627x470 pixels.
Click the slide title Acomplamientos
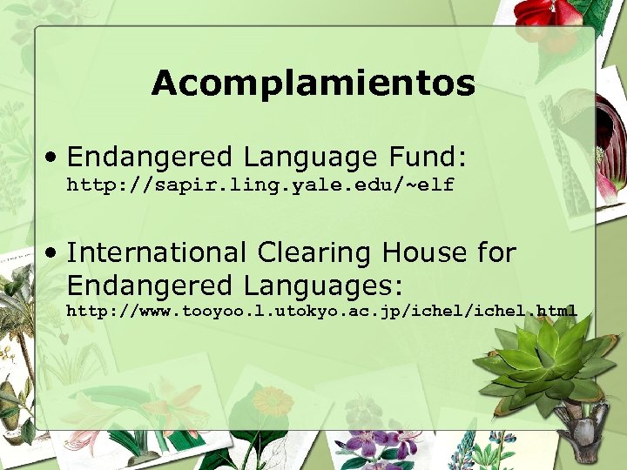tap(313, 84)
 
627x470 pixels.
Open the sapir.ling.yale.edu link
tap(260, 185)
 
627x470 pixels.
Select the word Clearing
tap(308, 252)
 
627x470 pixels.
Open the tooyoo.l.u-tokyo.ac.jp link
tap(322, 311)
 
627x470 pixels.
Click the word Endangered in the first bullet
tap(150, 158)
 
